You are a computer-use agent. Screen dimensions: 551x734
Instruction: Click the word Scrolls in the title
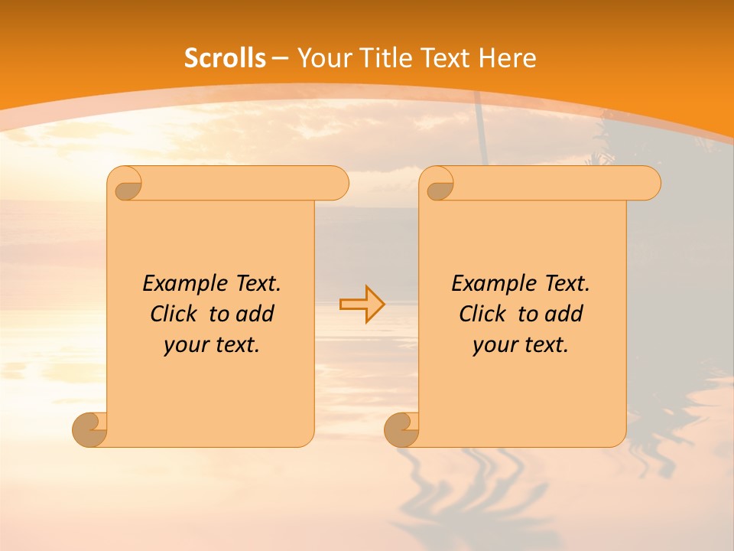tap(225, 58)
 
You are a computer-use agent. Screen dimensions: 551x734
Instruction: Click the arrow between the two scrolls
tap(362, 305)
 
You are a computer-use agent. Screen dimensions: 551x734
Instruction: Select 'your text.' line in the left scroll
tap(212, 345)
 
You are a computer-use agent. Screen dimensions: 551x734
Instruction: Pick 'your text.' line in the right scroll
tap(521, 345)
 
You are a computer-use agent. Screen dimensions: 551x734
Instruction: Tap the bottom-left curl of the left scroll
tap(89, 429)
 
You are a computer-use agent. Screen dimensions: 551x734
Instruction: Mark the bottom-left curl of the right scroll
tap(401, 429)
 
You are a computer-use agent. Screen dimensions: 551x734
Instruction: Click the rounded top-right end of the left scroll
tap(336, 183)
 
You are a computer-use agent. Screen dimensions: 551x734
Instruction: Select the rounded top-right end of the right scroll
tap(648, 183)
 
